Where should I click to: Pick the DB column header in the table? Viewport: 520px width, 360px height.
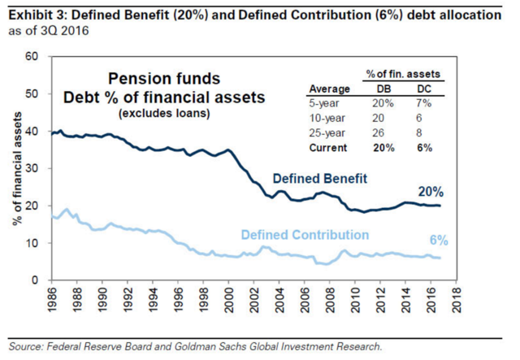(383, 89)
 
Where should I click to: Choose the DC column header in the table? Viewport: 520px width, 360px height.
(423, 89)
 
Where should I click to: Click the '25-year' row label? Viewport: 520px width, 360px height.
(327, 132)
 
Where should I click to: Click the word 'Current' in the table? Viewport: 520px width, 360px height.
(328, 148)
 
